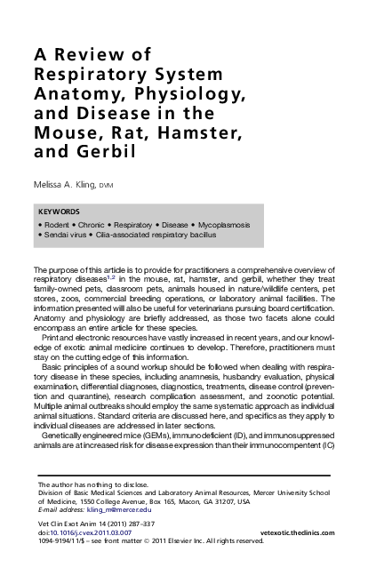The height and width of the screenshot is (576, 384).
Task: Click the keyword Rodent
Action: pos(57,226)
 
